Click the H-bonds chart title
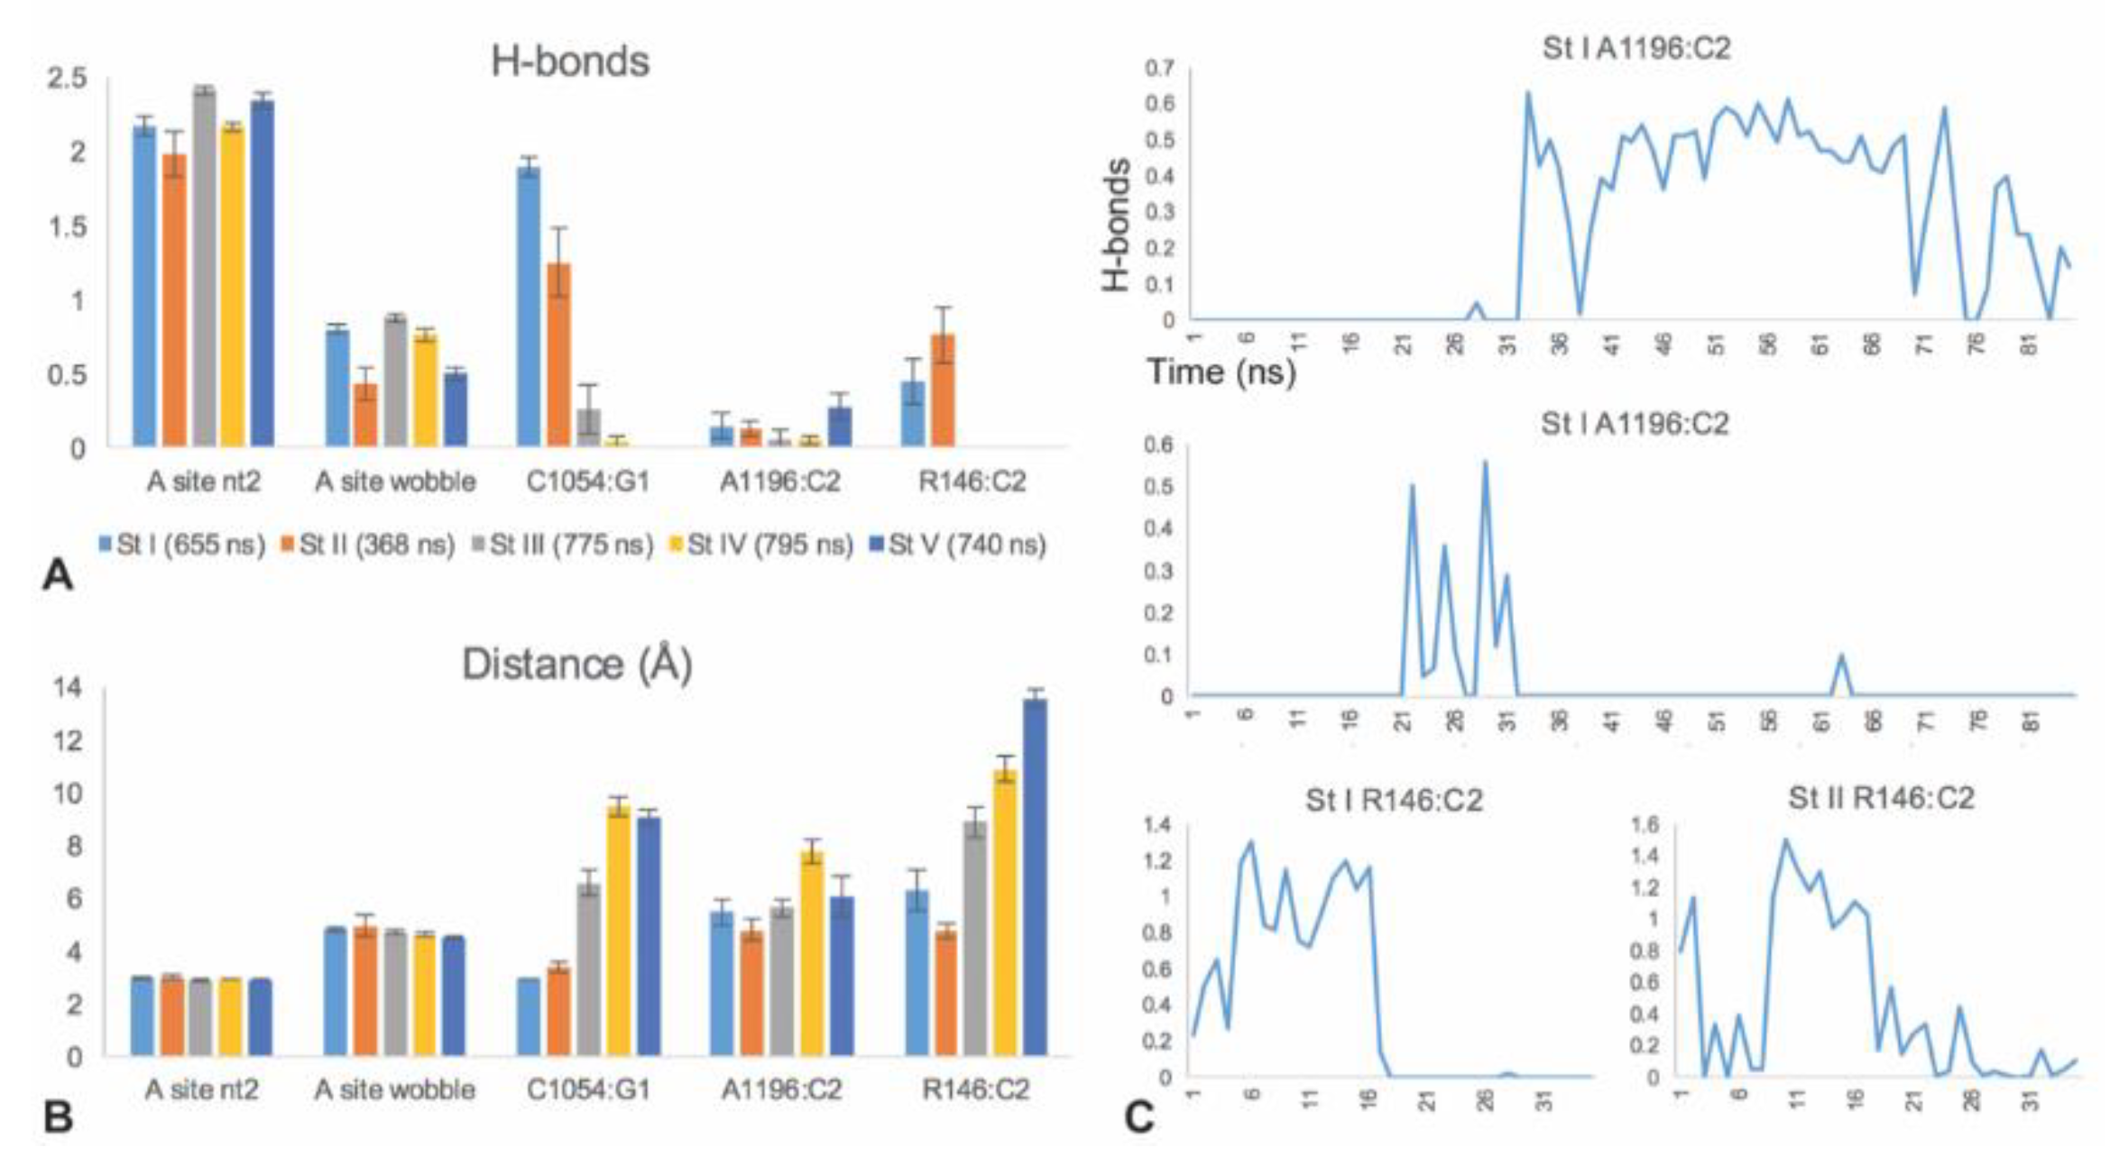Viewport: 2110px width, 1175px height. click(569, 61)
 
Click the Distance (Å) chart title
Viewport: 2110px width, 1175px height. click(577, 664)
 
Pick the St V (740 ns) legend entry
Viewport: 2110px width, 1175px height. click(958, 545)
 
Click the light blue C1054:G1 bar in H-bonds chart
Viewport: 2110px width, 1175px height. click(529, 307)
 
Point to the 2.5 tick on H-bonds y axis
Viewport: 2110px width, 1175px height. click(67, 78)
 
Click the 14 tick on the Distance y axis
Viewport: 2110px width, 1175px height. click(67, 688)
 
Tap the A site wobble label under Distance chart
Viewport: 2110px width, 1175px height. click(395, 1089)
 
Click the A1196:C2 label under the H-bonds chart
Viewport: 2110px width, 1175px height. click(779, 482)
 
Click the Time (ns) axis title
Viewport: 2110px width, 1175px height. click(1221, 372)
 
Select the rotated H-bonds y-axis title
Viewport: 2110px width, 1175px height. click(1116, 225)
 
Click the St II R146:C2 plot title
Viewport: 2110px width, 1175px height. click(1881, 798)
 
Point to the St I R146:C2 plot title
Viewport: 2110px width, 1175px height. click(1394, 800)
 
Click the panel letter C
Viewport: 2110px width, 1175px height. click(1139, 1117)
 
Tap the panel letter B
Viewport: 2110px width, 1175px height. click(58, 1117)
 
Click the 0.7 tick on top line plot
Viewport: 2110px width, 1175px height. click(1160, 69)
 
